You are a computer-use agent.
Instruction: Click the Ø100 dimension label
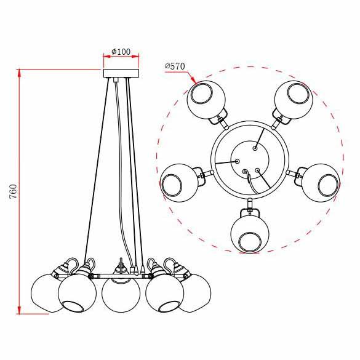pos(121,52)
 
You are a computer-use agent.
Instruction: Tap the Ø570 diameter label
pos(175,66)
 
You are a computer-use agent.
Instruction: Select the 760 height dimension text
pos(13,191)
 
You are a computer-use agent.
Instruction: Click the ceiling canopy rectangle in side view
pos(121,73)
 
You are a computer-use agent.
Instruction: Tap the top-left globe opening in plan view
pos(201,94)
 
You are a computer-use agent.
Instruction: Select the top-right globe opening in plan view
pos(298,93)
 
